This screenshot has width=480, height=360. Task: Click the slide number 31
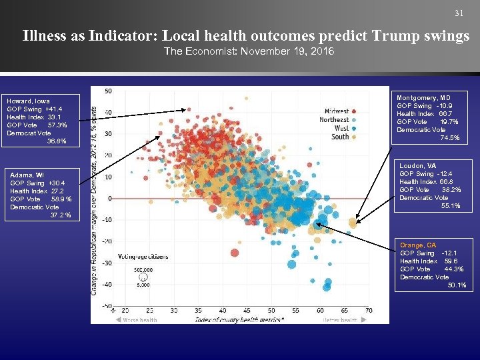(458, 13)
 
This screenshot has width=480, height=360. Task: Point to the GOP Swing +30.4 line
(37, 183)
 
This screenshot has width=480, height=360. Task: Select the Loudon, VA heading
(418, 165)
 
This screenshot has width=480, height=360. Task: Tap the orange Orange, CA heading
(418, 245)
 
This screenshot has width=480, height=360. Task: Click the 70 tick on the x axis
(369, 311)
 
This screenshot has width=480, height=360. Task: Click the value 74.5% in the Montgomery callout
(450, 138)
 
